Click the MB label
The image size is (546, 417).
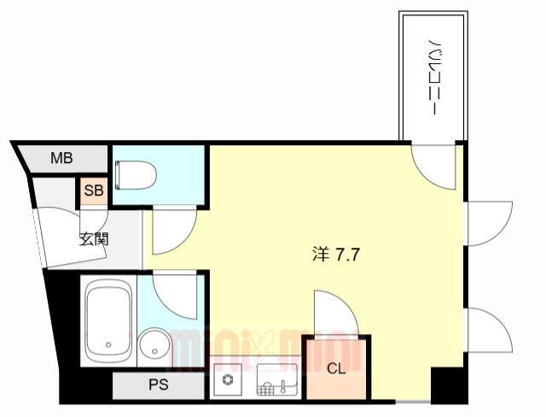(x=61, y=158)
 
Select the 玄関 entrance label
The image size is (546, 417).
(x=94, y=238)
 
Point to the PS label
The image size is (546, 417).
(x=159, y=385)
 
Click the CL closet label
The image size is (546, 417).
(x=336, y=369)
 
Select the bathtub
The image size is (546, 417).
(x=107, y=320)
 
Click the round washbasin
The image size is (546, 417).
(x=155, y=346)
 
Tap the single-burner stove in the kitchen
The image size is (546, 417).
(x=228, y=379)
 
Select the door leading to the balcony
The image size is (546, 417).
(x=436, y=166)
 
